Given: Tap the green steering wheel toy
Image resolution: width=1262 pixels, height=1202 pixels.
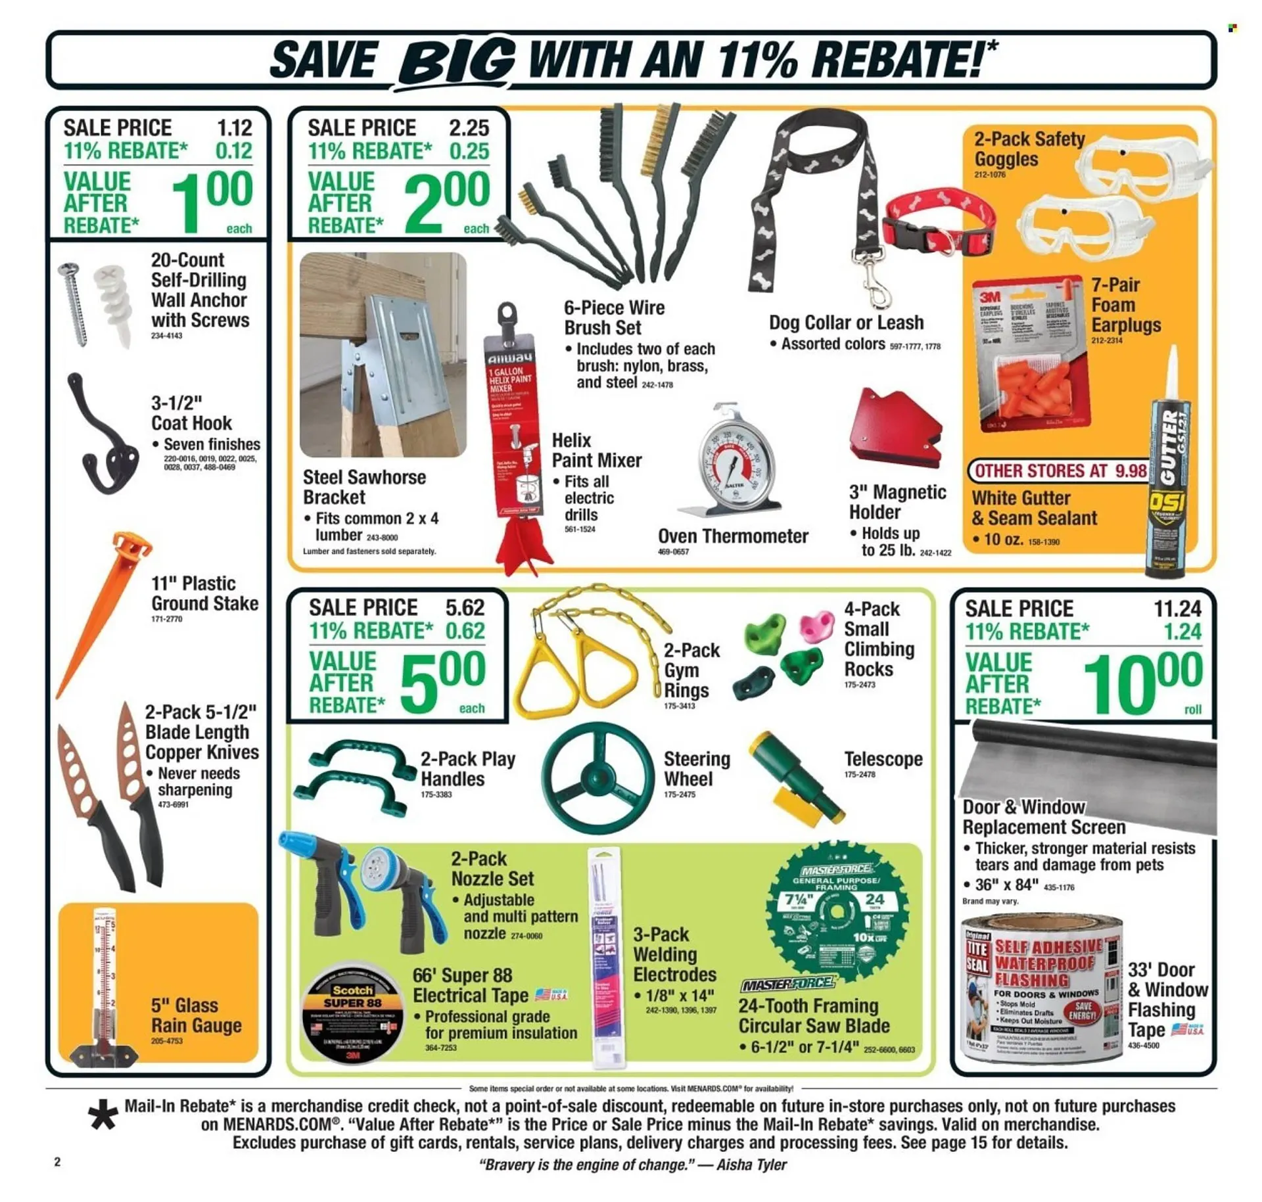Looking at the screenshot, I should [597, 778].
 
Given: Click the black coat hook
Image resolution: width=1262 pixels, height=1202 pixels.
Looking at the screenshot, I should [102, 437].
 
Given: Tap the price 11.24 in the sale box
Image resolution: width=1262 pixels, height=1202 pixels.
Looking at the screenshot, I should [1177, 609].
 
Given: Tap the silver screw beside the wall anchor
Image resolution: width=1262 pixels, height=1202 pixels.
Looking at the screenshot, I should [74, 302].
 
